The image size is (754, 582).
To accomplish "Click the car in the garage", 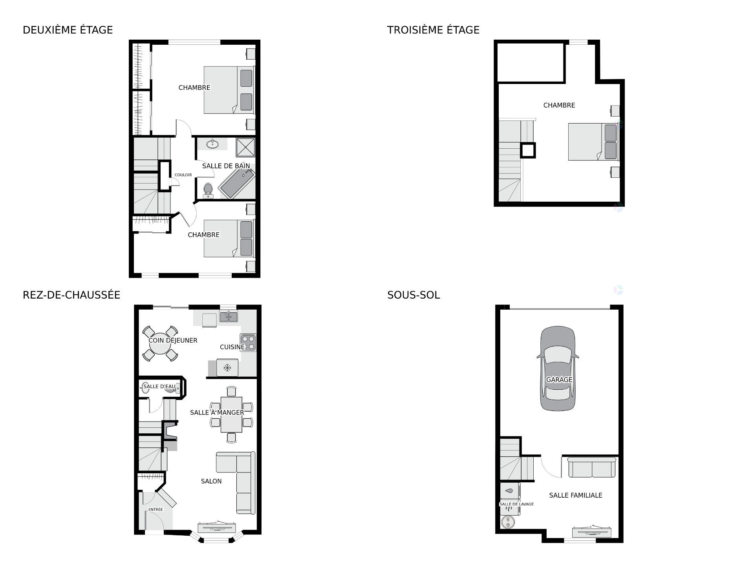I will coord(558,369).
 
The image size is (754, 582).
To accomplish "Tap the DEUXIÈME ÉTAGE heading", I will coord(68,30).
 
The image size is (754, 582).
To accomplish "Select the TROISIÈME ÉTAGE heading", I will coord(433,30).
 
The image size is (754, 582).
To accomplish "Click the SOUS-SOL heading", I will coord(413,295).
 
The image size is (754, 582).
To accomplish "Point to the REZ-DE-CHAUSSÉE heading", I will coord(71,295).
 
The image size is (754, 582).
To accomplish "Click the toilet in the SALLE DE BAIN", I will coord(208,190).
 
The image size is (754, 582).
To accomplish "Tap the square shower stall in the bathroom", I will coord(245,148).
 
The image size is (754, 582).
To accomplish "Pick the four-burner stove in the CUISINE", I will coord(248,342).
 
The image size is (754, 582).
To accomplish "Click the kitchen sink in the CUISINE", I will coord(228,316).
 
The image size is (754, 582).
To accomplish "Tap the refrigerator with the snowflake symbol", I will coord(227,368).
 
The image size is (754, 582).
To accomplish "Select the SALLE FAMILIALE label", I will coord(575,495).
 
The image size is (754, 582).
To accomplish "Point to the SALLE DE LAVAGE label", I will coord(516,504).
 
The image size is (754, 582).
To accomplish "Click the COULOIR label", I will coord(183,175).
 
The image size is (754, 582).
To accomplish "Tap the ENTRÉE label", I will coord(155,509).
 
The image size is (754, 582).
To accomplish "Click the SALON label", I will coord(211,481).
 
